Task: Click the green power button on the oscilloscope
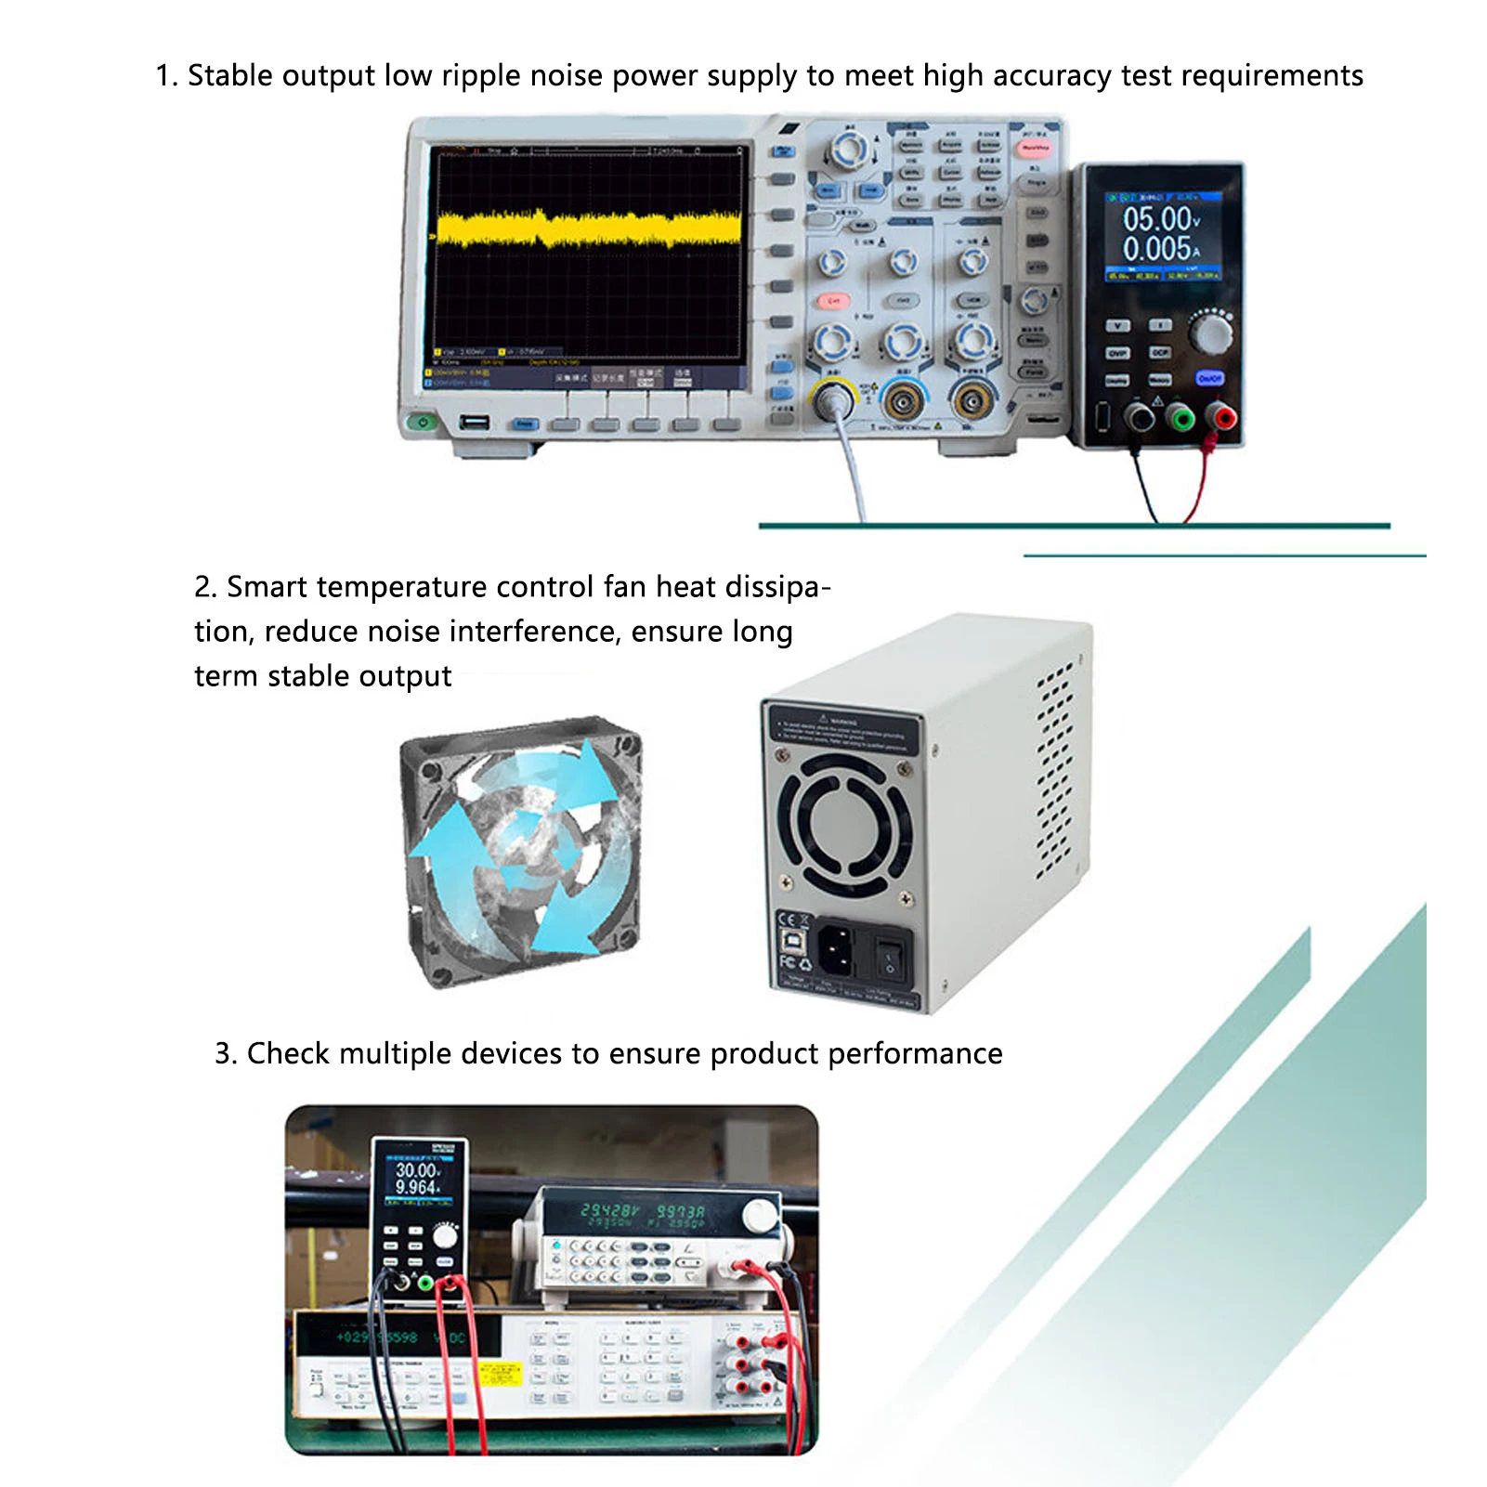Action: [423, 423]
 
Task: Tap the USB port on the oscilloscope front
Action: [475, 423]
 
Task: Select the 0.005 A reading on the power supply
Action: [1156, 249]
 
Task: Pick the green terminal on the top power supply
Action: [1180, 417]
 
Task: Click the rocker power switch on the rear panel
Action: [890, 954]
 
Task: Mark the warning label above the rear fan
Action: [841, 732]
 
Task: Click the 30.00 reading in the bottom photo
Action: [417, 1170]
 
